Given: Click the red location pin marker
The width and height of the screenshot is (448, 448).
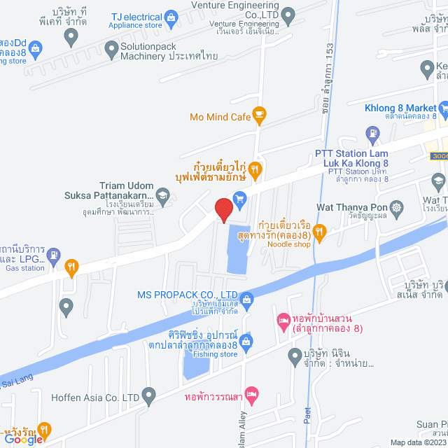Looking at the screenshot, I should pyautogui.click(x=223, y=209).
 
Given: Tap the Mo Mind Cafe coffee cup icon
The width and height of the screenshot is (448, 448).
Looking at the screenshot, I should pyautogui.click(x=260, y=114).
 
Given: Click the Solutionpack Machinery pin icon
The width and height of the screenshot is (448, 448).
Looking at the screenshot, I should pyautogui.click(x=111, y=48).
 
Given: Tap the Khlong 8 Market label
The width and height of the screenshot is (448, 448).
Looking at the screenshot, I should pyautogui.click(x=400, y=108).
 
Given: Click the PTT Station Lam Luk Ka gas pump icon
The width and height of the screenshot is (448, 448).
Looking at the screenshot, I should pyautogui.click(x=373, y=132).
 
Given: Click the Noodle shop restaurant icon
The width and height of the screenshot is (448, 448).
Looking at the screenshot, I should pyautogui.click(x=320, y=232).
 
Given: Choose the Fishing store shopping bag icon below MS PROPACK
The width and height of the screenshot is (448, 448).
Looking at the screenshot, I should pyautogui.click(x=246, y=342).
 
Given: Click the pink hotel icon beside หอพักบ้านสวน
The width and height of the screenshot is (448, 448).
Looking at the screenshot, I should pyautogui.click(x=283, y=321).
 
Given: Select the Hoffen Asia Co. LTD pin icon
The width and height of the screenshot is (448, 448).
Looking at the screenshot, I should pyautogui.click(x=148, y=398).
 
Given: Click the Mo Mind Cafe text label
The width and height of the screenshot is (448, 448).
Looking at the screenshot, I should pyautogui.click(x=220, y=118).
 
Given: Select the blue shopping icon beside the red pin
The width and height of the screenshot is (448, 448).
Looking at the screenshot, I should pyautogui.click(x=240, y=198).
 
